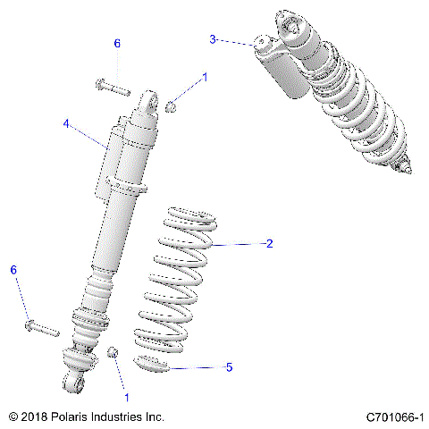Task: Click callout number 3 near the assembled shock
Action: pyautogui.click(x=213, y=38)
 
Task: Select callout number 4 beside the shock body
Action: pyautogui.click(x=65, y=125)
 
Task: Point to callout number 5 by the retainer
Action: pyautogui.click(x=230, y=367)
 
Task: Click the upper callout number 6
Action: pyautogui.click(x=116, y=43)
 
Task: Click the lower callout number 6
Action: pyautogui.click(x=13, y=269)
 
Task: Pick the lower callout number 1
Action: pyautogui.click(x=126, y=396)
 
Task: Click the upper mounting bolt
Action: pyautogui.click(x=111, y=88)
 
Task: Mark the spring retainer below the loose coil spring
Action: pyautogui.click(x=161, y=364)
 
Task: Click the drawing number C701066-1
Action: pyautogui.click(x=394, y=416)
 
